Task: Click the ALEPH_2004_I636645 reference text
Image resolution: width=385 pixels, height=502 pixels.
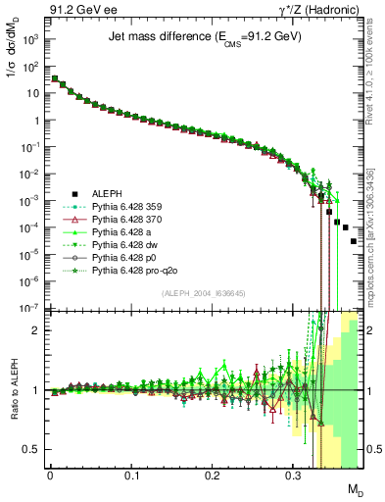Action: pos(202,294)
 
